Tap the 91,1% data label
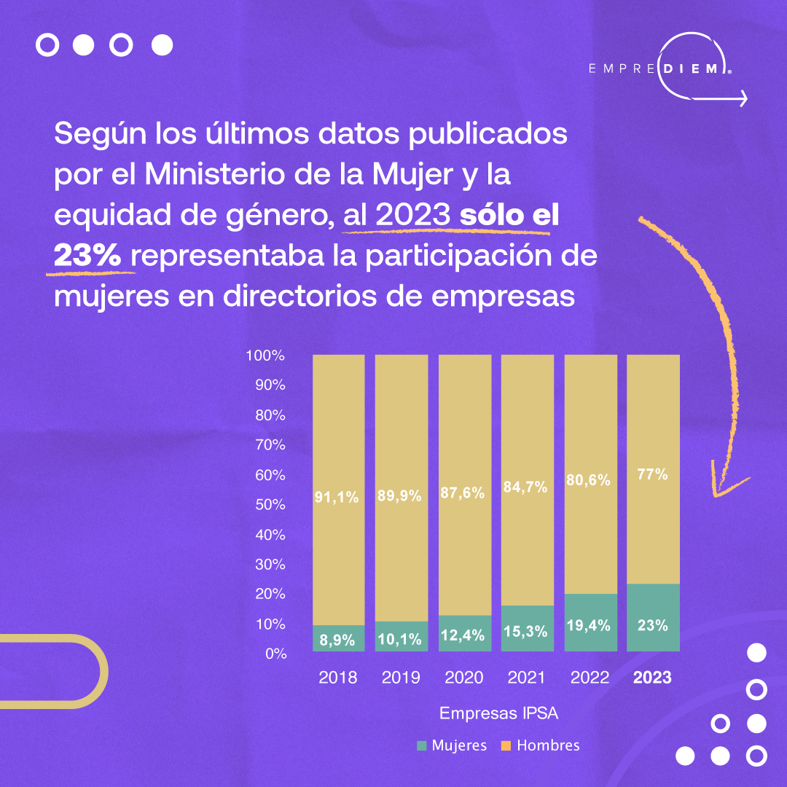click(337, 498)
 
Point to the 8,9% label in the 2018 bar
click(337, 641)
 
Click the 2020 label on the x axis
click(463, 678)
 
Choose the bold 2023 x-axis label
click(652, 678)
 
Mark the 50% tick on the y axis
click(270, 505)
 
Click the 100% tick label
click(265, 356)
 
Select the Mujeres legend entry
click(451, 745)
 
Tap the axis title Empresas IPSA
click(499, 713)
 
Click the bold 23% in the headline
click(91, 257)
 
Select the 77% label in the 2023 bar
click(652, 474)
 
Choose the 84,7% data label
click(526, 488)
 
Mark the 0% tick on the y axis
click(275, 654)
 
